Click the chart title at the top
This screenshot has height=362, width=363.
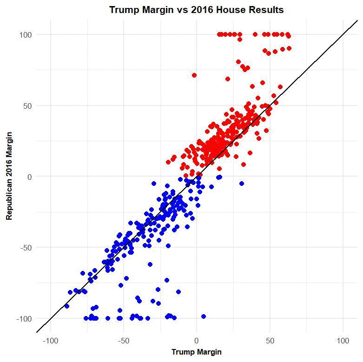[x=196, y=10]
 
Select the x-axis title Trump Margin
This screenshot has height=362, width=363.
[x=196, y=352]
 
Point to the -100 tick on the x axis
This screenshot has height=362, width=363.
[x=50, y=341]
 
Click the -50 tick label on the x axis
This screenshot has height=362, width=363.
[x=123, y=341]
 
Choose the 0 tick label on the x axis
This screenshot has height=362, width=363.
[x=197, y=341]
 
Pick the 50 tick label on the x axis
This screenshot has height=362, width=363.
[x=270, y=341]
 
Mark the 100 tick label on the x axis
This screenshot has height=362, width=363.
[x=343, y=341]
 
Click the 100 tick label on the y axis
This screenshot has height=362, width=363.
[x=26, y=34]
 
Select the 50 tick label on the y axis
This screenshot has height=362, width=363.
[x=27, y=105]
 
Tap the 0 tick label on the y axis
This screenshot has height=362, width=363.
[x=29, y=177]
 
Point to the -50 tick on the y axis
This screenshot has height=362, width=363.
[x=26, y=248]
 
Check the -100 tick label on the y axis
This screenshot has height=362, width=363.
[x=24, y=319]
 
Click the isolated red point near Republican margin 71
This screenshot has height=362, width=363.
[x=194, y=75]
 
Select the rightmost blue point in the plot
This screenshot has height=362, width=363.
[x=242, y=184]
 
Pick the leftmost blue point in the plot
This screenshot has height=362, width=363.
[x=66, y=306]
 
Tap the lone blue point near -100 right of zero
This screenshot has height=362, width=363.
[x=204, y=316]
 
